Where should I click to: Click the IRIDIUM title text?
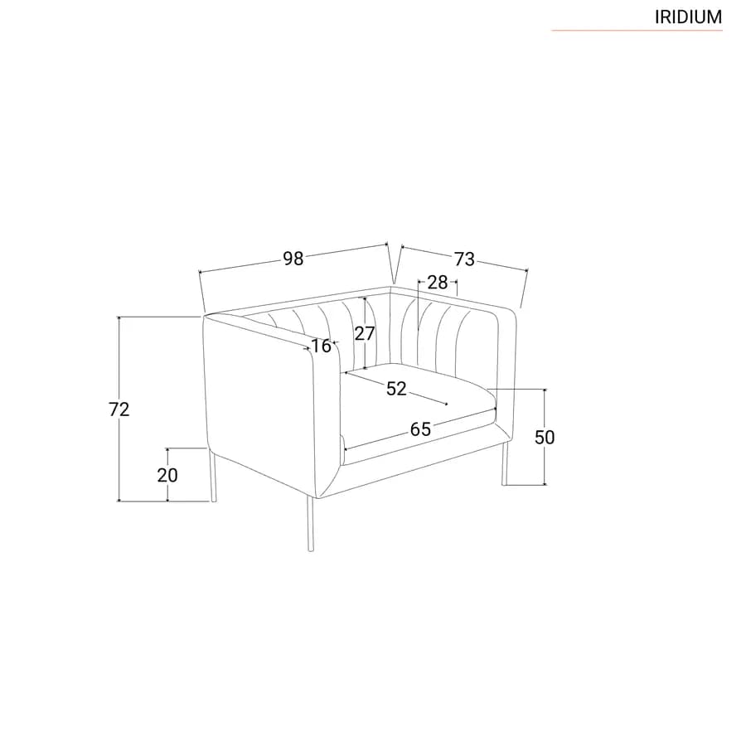click(x=688, y=17)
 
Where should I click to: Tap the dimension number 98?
click(x=293, y=259)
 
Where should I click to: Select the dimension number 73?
click(x=464, y=259)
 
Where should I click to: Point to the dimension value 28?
click(x=438, y=282)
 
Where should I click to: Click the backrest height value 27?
click(x=365, y=333)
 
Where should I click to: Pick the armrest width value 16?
click(x=321, y=346)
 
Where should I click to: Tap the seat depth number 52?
click(x=396, y=389)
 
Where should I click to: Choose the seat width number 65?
click(x=420, y=429)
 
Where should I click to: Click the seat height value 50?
click(x=545, y=437)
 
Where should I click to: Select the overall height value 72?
click(x=119, y=409)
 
